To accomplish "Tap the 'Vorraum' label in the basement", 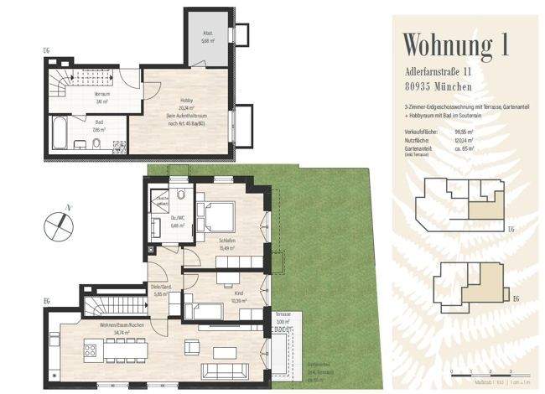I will (102, 95).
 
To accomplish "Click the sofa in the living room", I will (225, 370).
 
